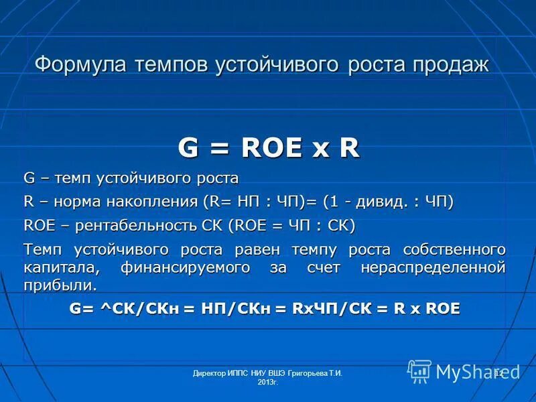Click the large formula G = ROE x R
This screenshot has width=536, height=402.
point(268,148)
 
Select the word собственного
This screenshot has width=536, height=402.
point(454,250)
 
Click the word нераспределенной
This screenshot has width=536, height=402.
point(432,267)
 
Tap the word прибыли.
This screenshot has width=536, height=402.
point(60,285)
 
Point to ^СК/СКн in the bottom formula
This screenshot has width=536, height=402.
point(139,308)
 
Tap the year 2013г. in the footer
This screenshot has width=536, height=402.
point(267,382)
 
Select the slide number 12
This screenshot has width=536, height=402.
point(498,372)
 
